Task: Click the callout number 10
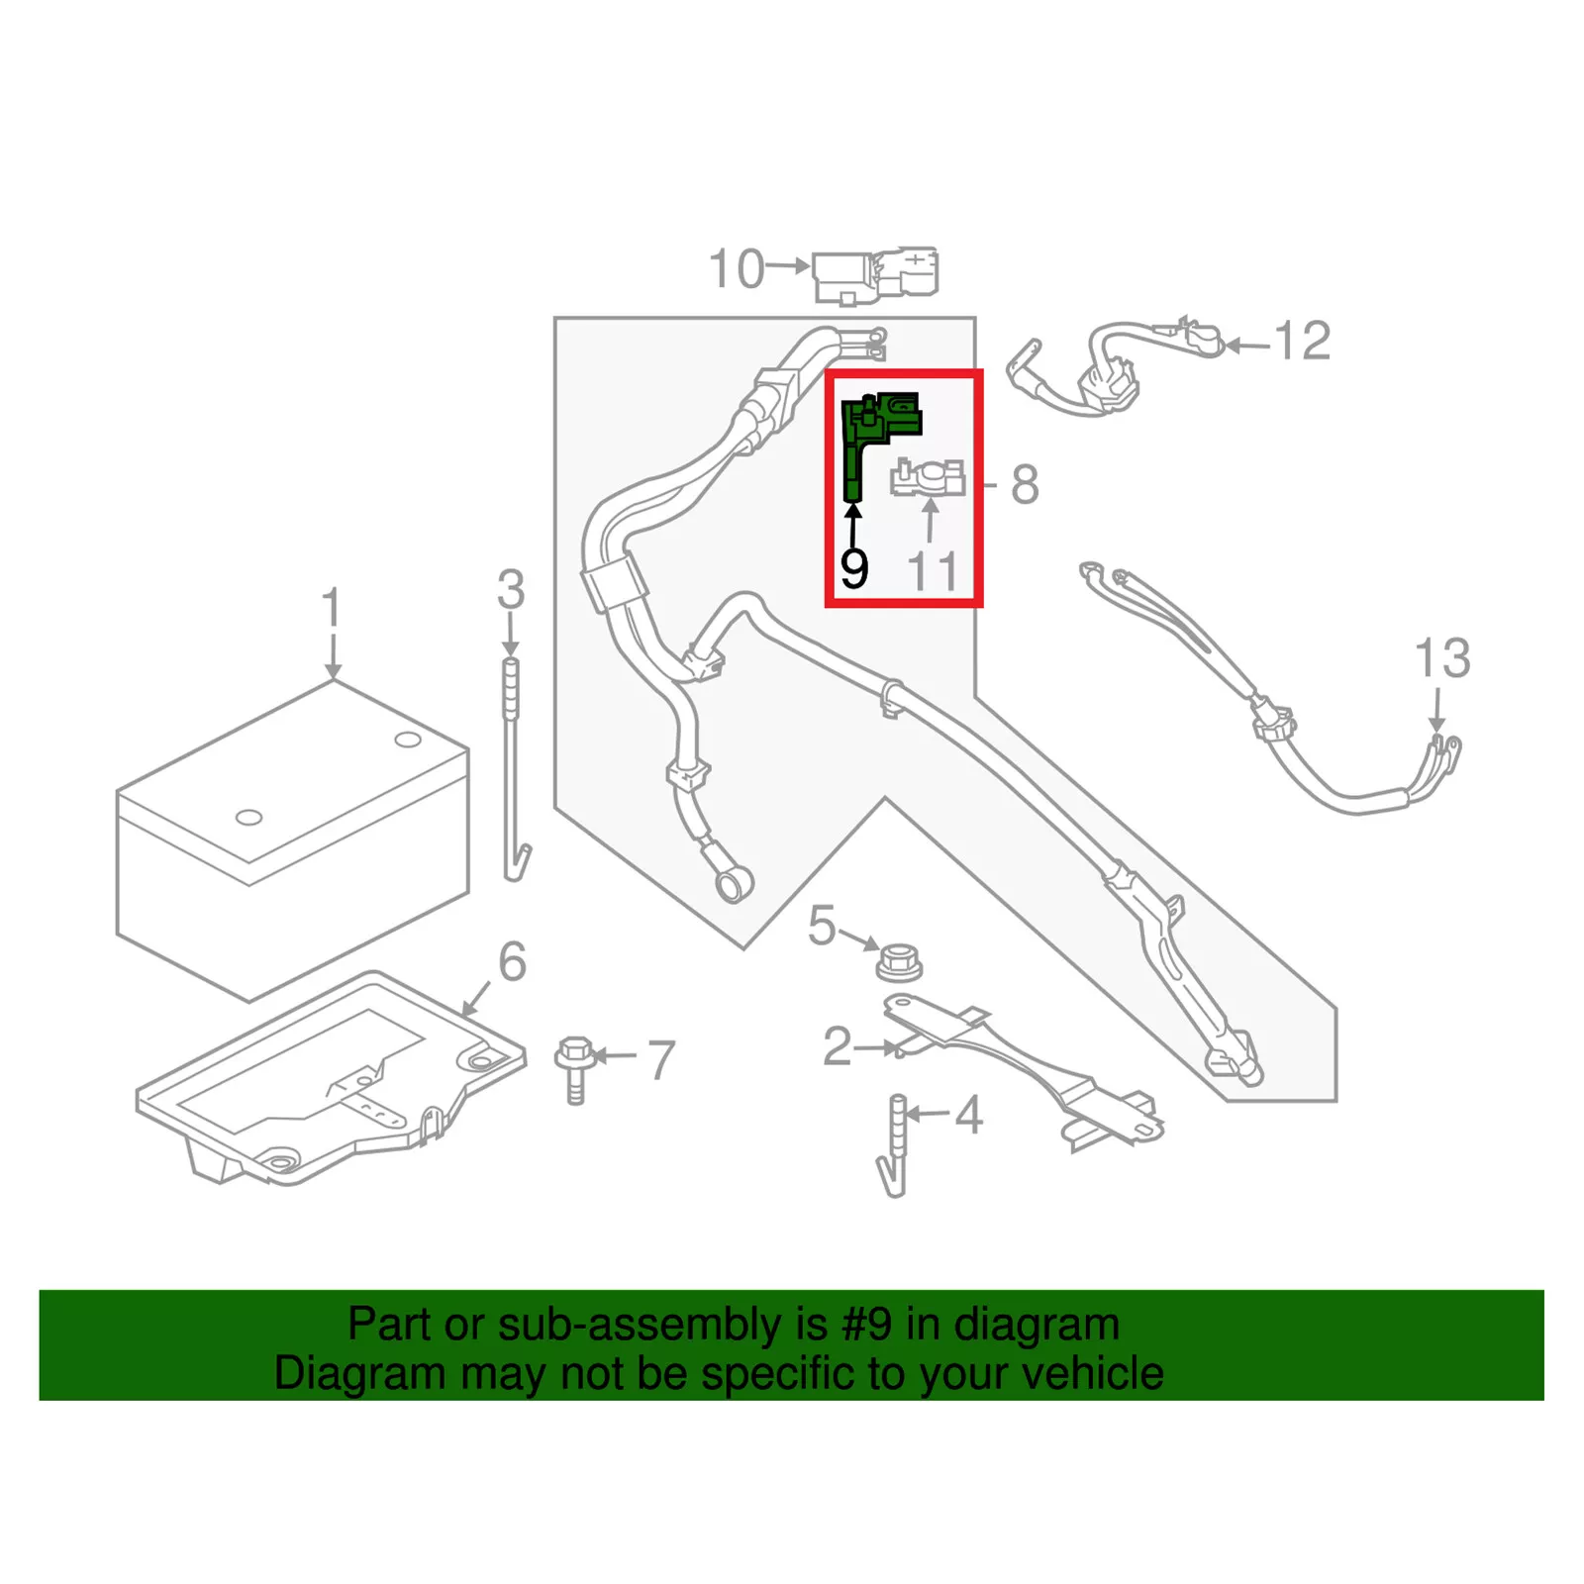pos(737,269)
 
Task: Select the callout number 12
pos(1303,342)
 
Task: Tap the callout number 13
pos(1441,658)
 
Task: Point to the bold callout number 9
pos(853,568)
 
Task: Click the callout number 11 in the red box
pos(933,571)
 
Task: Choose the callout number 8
pos(1025,485)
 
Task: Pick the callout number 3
pos(511,590)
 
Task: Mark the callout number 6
pos(512,961)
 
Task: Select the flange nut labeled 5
pos(898,961)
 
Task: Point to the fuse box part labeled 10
pos(873,274)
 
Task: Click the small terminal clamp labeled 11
pos(929,479)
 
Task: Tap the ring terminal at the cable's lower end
pos(734,882)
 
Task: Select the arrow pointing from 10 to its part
pos(789,266)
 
